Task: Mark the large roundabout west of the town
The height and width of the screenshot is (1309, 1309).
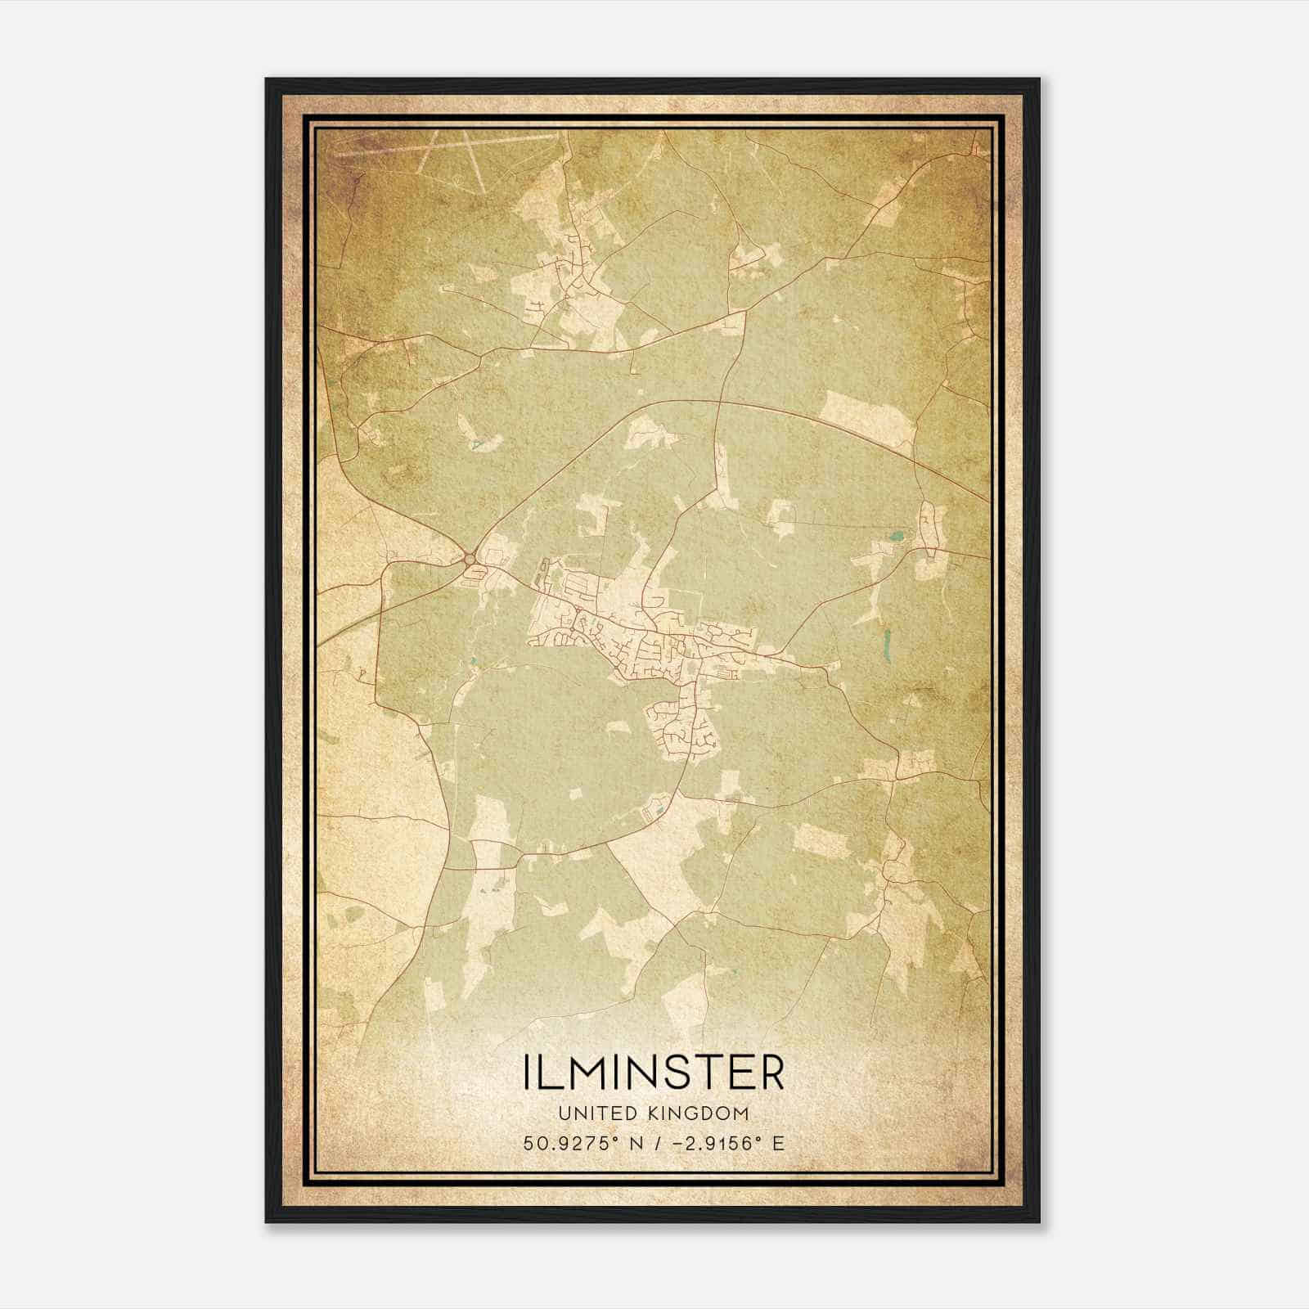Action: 470,560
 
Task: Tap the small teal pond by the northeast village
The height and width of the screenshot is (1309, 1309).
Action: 897,538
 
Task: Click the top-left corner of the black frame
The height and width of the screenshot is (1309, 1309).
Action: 267,80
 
